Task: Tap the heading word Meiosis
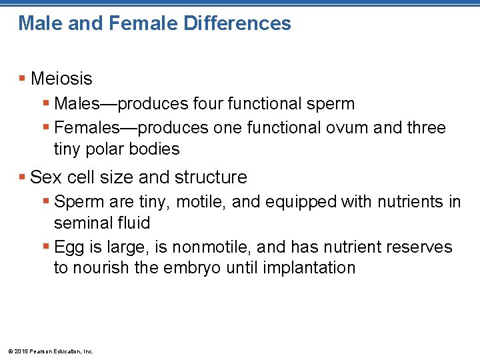61,79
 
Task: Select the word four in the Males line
212,104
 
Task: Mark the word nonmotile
209,247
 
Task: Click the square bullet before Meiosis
23,79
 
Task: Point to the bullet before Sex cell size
23,177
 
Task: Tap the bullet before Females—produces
45,127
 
